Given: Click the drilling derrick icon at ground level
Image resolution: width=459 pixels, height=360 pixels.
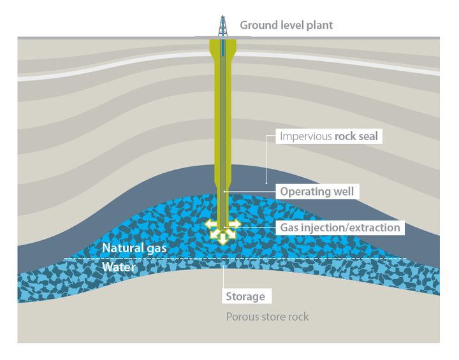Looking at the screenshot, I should pyautogui.click(x=222, y=26).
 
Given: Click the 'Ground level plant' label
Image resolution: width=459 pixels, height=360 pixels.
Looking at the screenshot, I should pyautogui.click(x=286, y=25).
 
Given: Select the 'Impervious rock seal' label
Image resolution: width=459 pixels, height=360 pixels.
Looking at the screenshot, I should pyautogui.click(x=329, y=136).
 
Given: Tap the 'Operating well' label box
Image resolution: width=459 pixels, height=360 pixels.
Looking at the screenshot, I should pyautogui.click(x=317, y=192).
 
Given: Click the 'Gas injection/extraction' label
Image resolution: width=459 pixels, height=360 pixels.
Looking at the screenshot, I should pyautogui.click(x=340, y=227).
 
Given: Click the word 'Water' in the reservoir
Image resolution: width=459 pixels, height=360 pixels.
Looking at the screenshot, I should pyautogui.click(x=119, y=267).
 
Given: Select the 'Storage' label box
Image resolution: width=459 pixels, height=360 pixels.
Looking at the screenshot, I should pyautogui.click(x=245, y=297).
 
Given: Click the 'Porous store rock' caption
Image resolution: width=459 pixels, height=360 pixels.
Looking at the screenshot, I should pyautogui.click(x=267, y=317).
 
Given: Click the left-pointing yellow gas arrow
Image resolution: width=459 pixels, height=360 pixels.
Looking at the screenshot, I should pyautogui.click(x=209, y=224).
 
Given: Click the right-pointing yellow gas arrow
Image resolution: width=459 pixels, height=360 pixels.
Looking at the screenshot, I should pyautogui.click(x=235, y=224).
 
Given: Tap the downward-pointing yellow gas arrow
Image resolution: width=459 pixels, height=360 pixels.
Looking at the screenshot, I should pyautogui.click(x=222, y=240).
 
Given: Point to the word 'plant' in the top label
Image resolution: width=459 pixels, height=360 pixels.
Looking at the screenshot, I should pyautogui.click(x=319, y=25).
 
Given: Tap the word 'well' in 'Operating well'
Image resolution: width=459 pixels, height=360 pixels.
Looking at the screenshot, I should pyautogui.click(x=342, y=192).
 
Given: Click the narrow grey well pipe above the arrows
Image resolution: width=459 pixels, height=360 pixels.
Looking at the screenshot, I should pyautogui.click(x=222, y=204).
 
